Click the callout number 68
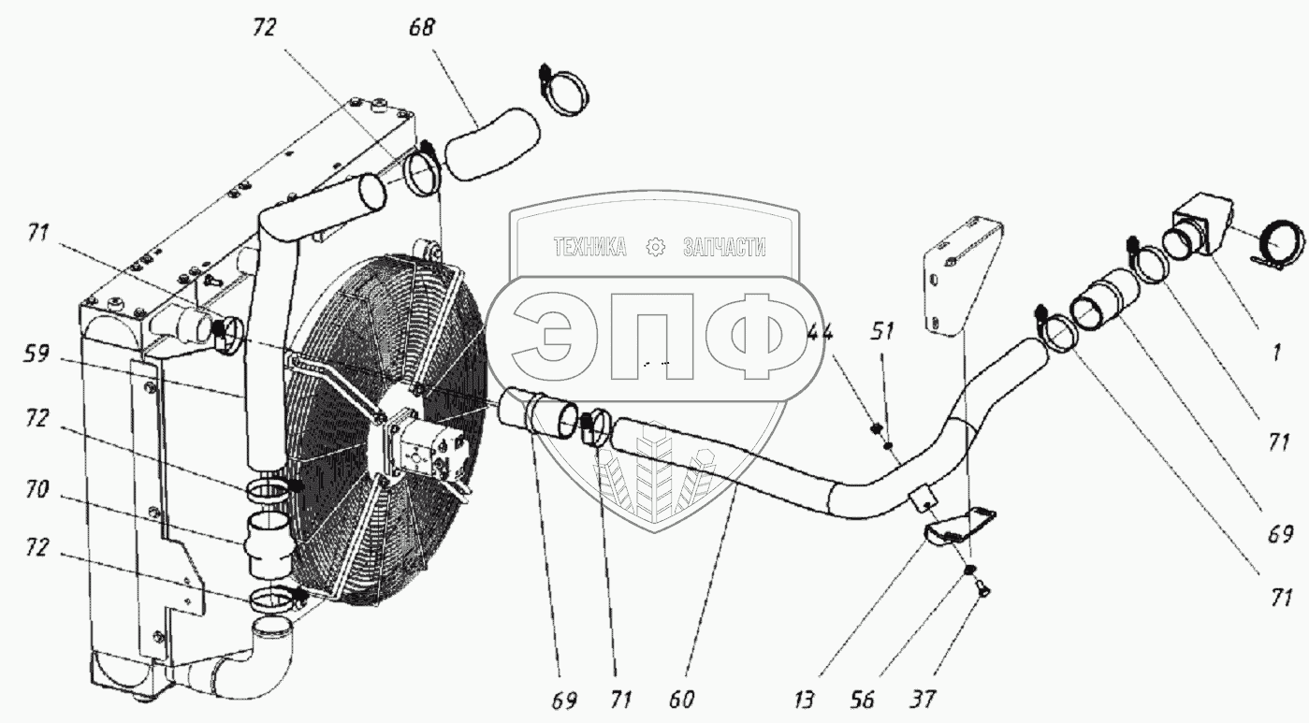tap(421, 28)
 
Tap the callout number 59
tap(36, 354)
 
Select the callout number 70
tap(36, 489)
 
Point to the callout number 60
tap(681, 700)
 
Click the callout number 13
tap(804, 700)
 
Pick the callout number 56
tap(863, 700)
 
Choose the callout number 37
tap(924, 700)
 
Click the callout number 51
tap(882, 332)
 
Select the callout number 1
tap(1276, 353)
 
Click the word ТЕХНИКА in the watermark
tap(589, 248)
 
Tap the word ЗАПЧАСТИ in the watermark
tap(724, 248)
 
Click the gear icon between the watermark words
tap(655, 248)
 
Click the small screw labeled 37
tap(981, 592)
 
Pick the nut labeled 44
tap(875, 429)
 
